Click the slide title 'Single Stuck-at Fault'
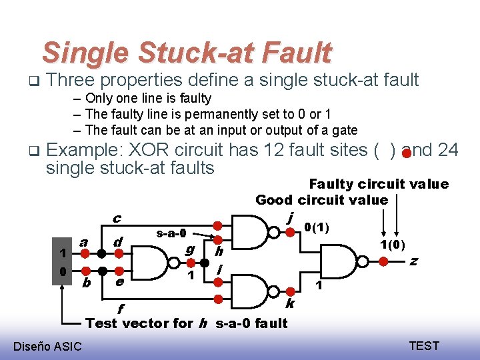pyautogui.click(x=186, y=53)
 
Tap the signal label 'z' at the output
pyautogui.click(x=414, y=261)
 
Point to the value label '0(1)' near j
pyautogui.click(x=316, y=229)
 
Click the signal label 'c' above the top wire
pyautogui.click(x=117, y=219)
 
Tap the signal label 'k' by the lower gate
pyautogui.click(x=290, y=304)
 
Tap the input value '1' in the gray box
pyautogui.click(x=62, y=253)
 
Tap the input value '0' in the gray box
pyautogui.click(x=62, y=272)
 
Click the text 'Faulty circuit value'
pyautogui.click(x=379, y=184)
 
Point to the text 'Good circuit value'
pyautogui.click(x=321, y=200)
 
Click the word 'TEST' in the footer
pyautogui.click(x=423, y=345)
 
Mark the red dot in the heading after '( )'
pyautogui.click(x=406, y=154)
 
